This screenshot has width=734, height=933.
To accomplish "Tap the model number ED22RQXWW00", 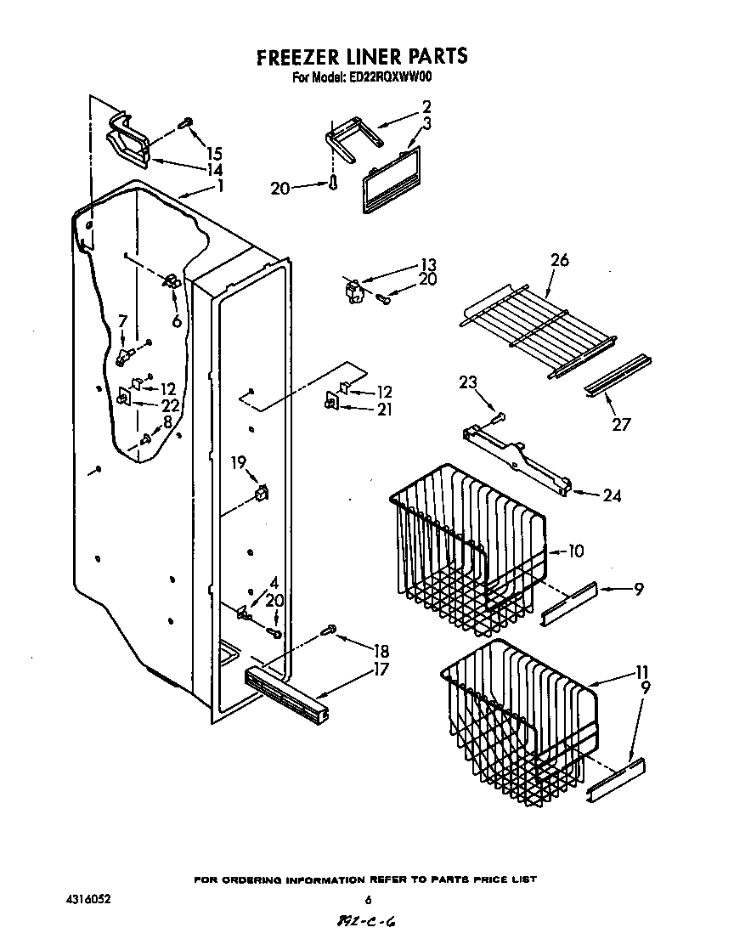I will click(x=391, y=76).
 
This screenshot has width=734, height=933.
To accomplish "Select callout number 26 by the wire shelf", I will click(x=559, y=260).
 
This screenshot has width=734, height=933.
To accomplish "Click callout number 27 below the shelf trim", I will click(x=622, y=424).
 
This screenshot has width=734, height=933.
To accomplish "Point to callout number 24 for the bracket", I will click(x=611, y=495).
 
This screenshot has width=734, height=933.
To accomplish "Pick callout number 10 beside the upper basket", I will click(x=574, y=551).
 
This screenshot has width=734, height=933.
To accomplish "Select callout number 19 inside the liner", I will click(x=238, y=463).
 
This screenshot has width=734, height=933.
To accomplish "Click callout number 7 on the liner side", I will click(x=122, y=321).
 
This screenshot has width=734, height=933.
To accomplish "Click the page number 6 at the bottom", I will click(x=369, y=901).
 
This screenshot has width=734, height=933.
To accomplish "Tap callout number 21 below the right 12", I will click(x=385, y=410).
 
